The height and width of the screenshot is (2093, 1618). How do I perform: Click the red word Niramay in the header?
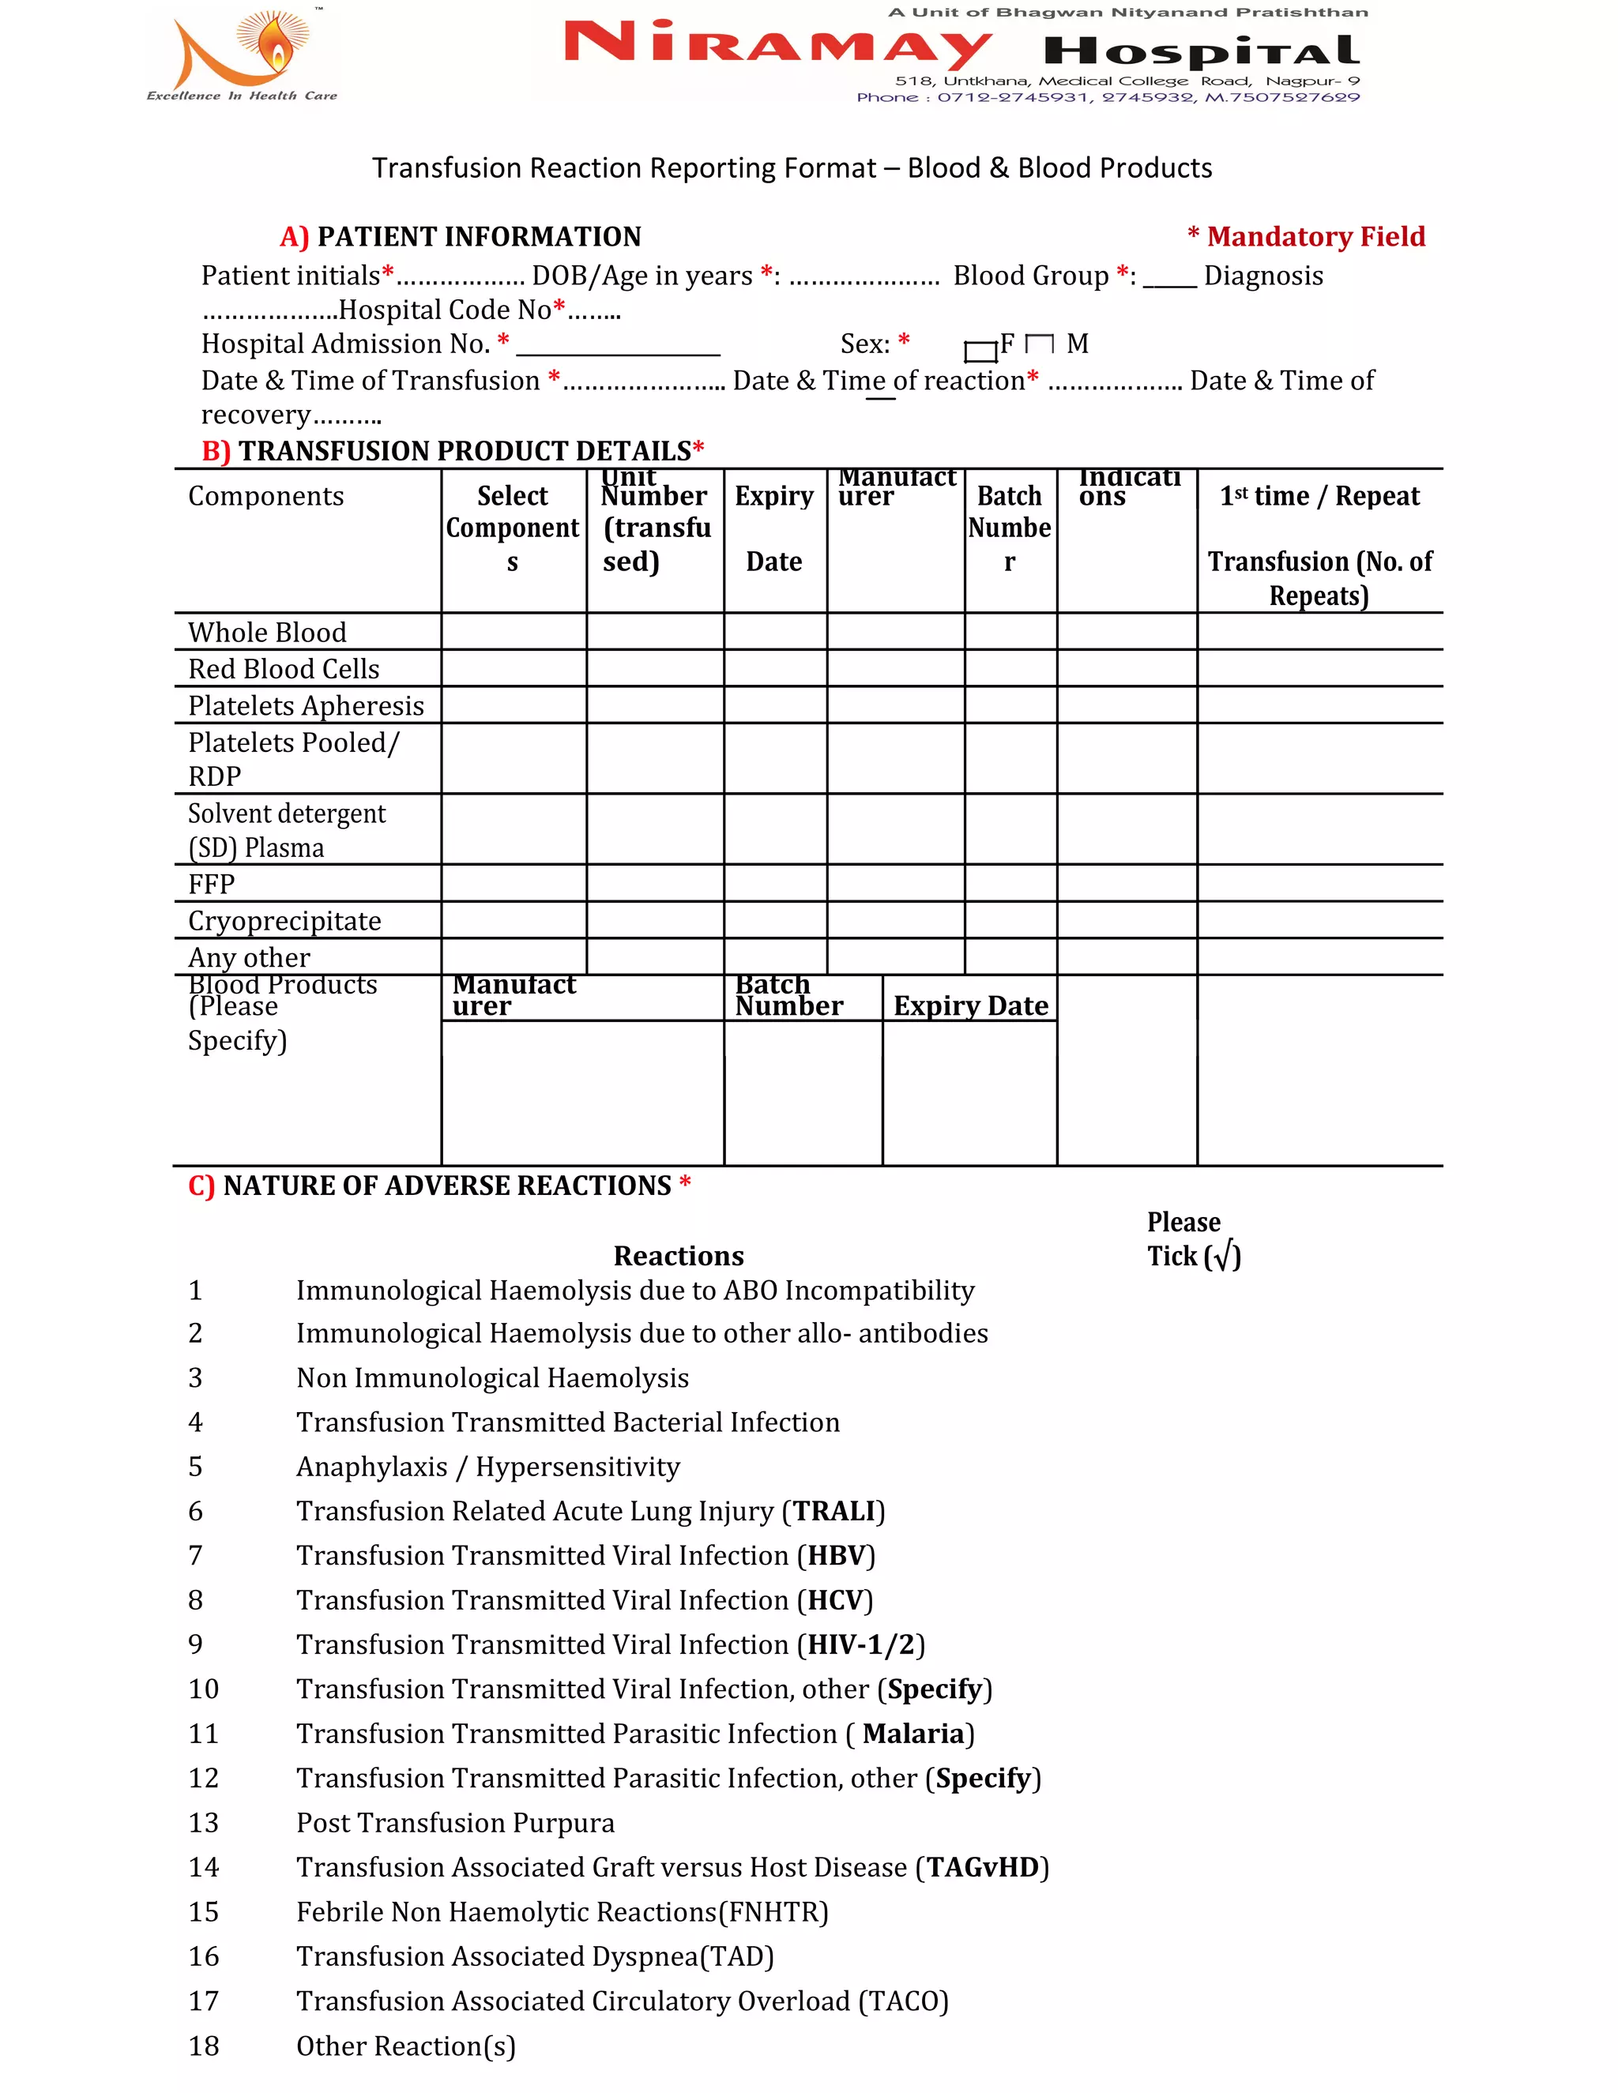pyautogui.click(x=777, y=44)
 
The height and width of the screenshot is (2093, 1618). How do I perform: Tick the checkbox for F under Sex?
pyautogui.click(x=980, y=351)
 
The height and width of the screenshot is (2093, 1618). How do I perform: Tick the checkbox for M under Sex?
pyautogui.click(x=1039, y=344)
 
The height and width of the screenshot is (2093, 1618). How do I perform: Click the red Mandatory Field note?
pyautogui.click(x=1307, y=237)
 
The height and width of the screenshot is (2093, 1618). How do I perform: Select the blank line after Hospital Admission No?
pyautogui.click(x=619, y=346)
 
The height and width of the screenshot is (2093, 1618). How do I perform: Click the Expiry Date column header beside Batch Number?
pyautogui.click(x=970, y=1005)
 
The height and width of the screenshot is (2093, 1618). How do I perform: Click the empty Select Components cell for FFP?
pyautogui.click(x=514, y=884)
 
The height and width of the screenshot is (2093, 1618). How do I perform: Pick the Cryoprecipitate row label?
pyautogui.click(x=284, y=921)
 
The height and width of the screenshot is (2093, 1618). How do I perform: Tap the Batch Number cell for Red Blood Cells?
pyautogui.click(x=1010, y=669)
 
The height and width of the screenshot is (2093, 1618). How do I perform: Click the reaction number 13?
pyautogui.click(x=203, y=1823)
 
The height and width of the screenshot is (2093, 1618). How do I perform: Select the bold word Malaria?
pyautogui.click(x=912, y=1734)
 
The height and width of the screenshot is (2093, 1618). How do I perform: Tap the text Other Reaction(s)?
pyautogui.click(x=405, y=2046)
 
